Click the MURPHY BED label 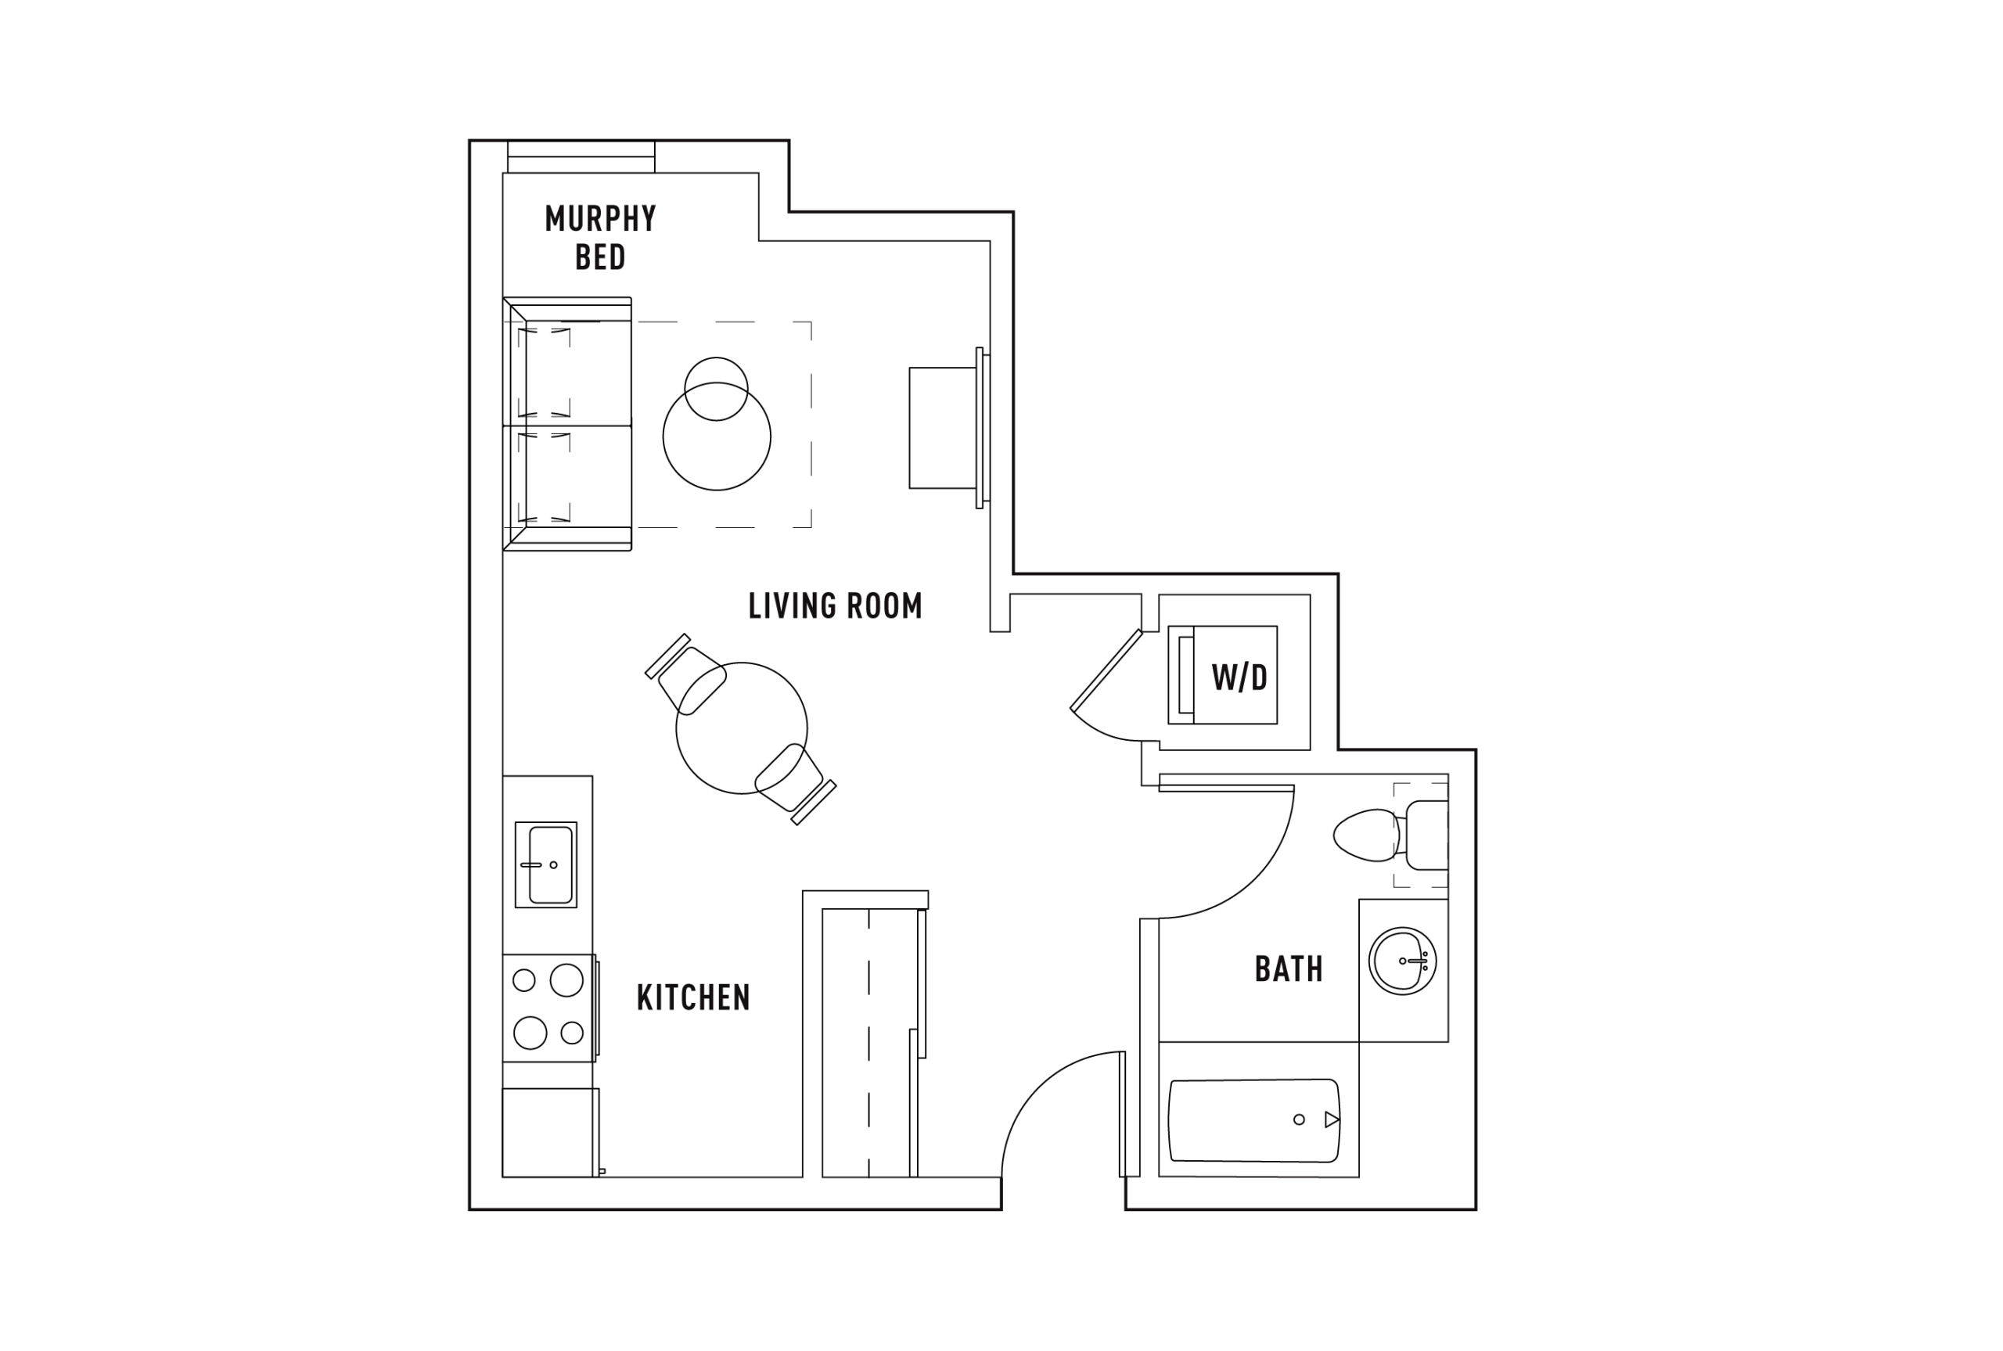600,237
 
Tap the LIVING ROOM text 835,605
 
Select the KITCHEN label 693,997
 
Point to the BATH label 1289,969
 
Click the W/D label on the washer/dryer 1239,678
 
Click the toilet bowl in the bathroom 1366,835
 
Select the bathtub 1254,1120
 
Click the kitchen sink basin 551,864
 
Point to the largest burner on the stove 567,979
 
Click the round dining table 742,728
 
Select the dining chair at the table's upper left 687,674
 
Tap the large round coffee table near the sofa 717,437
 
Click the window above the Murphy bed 581,156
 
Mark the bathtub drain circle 1299,1119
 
